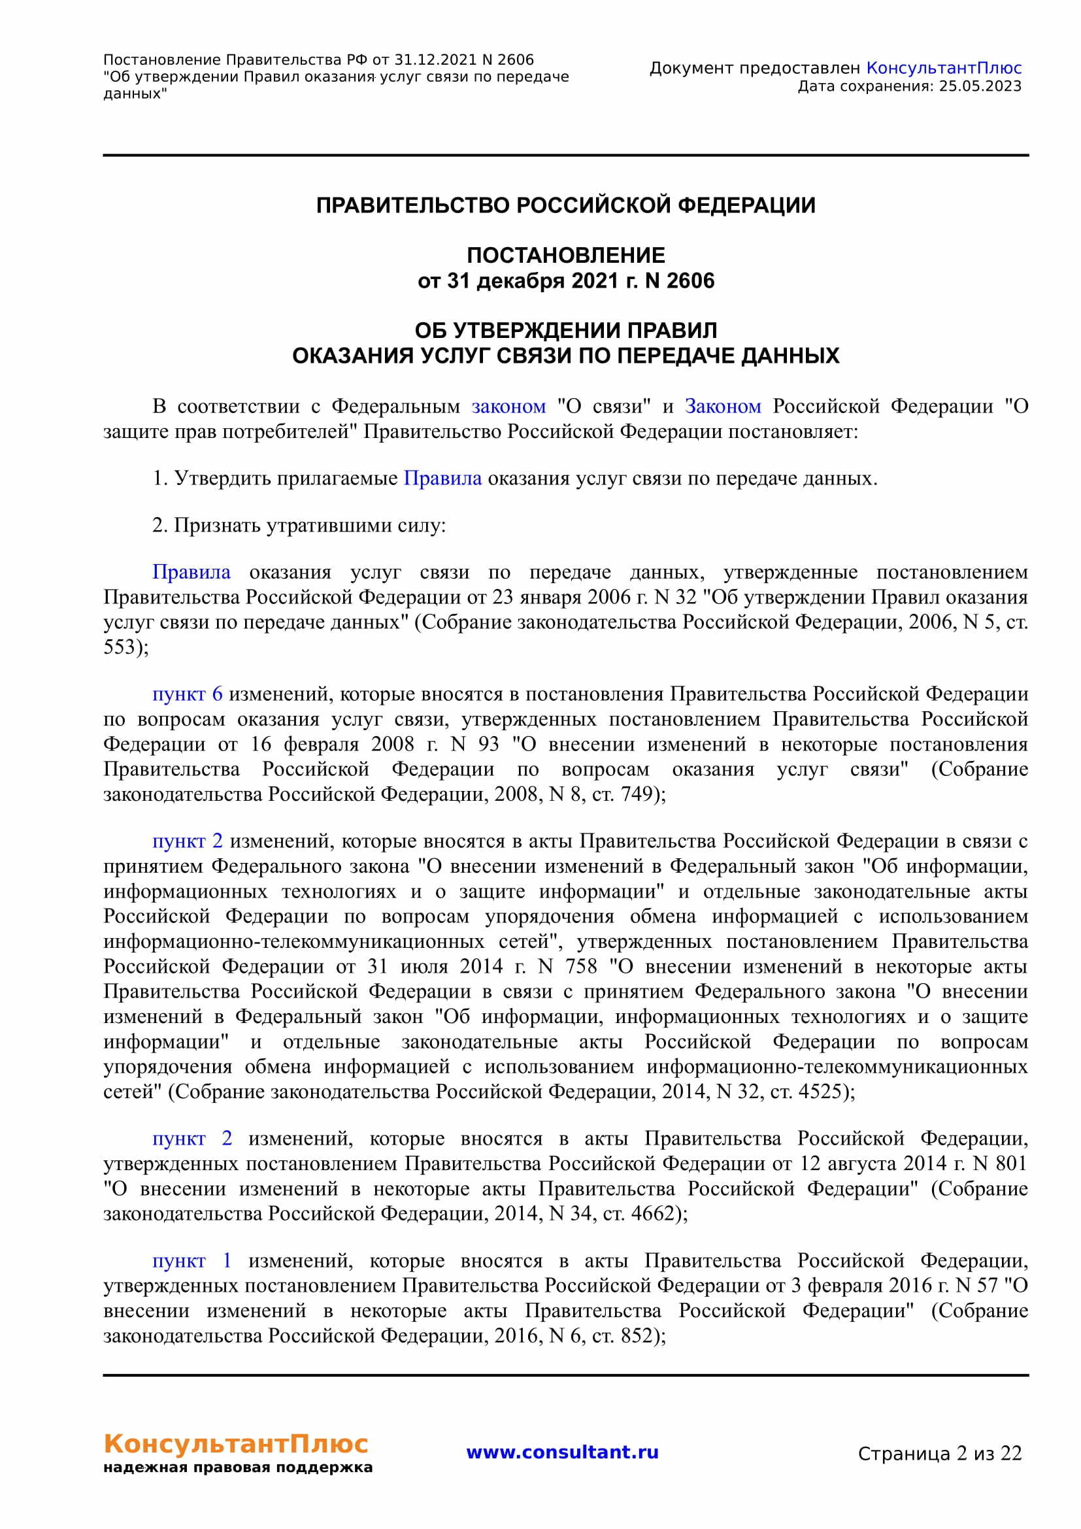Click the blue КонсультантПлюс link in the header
pos(943,68)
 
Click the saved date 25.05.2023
pos(980,86)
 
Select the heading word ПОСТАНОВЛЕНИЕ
pos(566,255)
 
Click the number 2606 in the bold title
pos(690,281)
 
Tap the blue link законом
pos(508,406)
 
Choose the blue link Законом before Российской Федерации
pos(723,406)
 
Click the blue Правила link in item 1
pos(442,479)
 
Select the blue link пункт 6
pos(187,694)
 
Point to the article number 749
pos(637,794)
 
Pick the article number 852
pos(637,1336)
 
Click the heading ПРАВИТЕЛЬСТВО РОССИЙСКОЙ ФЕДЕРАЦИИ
pos(566,205)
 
